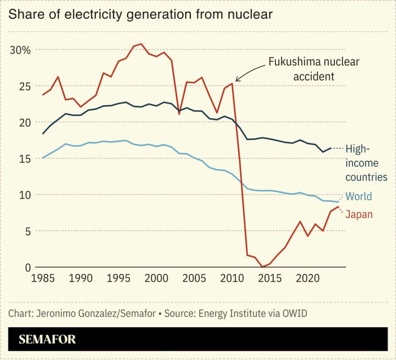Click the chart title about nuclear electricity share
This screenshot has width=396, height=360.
coord(140,14)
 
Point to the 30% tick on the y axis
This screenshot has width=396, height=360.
coord(21,50)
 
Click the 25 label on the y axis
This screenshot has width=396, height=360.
coord(24,86)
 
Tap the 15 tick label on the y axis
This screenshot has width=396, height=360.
coord(24,159)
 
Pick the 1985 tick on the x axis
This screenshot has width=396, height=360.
coord(42,279)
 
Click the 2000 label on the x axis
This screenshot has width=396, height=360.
coord(156,279)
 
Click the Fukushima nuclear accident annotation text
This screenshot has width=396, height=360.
coord(313,69)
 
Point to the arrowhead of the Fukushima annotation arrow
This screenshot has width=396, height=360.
coord(236,80)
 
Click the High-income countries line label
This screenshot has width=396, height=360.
coord(366,163)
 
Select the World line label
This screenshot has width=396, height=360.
coord(358,196)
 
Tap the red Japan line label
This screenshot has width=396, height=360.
coord(358,215)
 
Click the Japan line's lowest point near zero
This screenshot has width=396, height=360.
coord(262,267)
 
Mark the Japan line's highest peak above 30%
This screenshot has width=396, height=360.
coord(141,44)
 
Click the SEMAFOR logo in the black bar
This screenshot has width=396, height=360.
coord(47,339)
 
